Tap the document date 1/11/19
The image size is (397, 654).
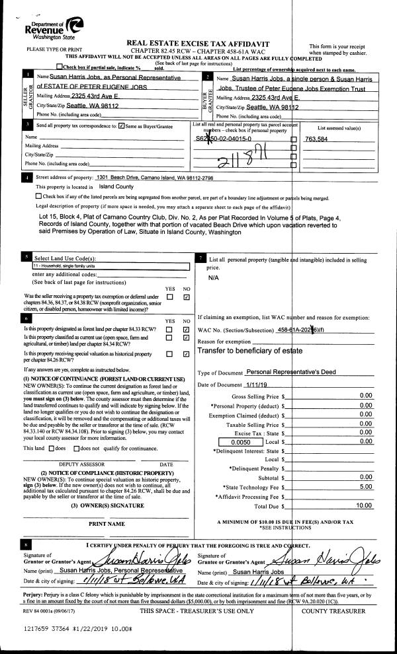pos(258,384)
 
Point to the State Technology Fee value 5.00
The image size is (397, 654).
pos(365,486)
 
